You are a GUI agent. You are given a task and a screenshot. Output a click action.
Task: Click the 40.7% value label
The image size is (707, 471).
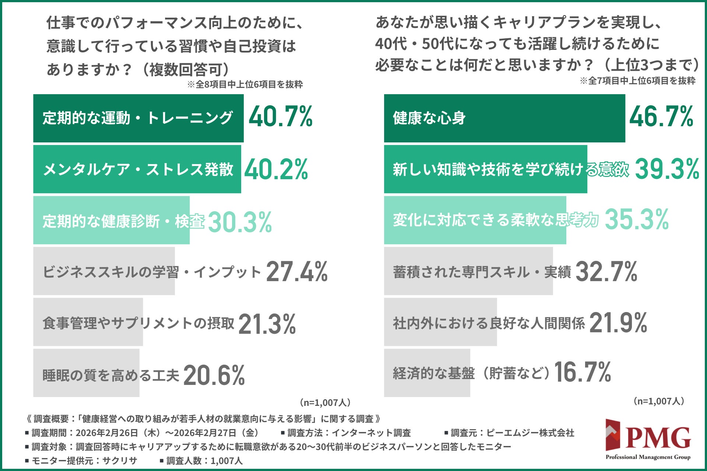[281, 117]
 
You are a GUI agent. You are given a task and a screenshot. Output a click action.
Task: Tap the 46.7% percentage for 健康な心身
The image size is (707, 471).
[661, 117]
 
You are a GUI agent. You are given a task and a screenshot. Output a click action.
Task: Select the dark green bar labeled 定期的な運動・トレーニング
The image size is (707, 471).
[138, 118]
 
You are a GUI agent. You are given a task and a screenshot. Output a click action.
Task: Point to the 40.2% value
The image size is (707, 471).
[276, 170]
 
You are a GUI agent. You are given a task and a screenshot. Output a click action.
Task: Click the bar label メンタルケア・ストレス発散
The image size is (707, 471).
[138, 170]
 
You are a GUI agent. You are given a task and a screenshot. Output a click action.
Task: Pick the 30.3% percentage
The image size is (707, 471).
[240, 222]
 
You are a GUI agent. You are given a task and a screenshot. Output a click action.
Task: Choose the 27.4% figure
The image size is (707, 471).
[297, 272]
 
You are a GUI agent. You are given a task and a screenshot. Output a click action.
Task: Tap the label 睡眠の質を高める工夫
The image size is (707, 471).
[111, 375]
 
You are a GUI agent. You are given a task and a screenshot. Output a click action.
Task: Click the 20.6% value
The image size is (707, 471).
[214, 375]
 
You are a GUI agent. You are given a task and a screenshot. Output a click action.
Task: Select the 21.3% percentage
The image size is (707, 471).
[267, 324]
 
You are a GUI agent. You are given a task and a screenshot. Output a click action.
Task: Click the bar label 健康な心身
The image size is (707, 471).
[429, 118]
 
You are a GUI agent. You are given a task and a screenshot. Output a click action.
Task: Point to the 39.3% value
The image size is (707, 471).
[667, 169]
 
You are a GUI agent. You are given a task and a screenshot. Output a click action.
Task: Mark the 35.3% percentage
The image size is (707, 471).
[637, 220]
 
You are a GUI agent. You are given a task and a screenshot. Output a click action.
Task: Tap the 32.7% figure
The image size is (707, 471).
[606, 272]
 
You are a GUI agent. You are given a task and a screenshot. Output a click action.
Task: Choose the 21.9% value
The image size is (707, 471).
[618, 323]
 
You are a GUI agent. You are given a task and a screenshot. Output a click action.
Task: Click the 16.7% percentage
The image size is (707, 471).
[583, 372]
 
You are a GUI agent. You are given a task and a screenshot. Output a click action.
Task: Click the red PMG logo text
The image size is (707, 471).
[658, 438]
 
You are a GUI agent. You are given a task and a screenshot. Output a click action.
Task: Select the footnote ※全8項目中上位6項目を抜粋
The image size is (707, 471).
[245, 84]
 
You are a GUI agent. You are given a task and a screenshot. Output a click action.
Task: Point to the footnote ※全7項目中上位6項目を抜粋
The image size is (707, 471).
[638, 81]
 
